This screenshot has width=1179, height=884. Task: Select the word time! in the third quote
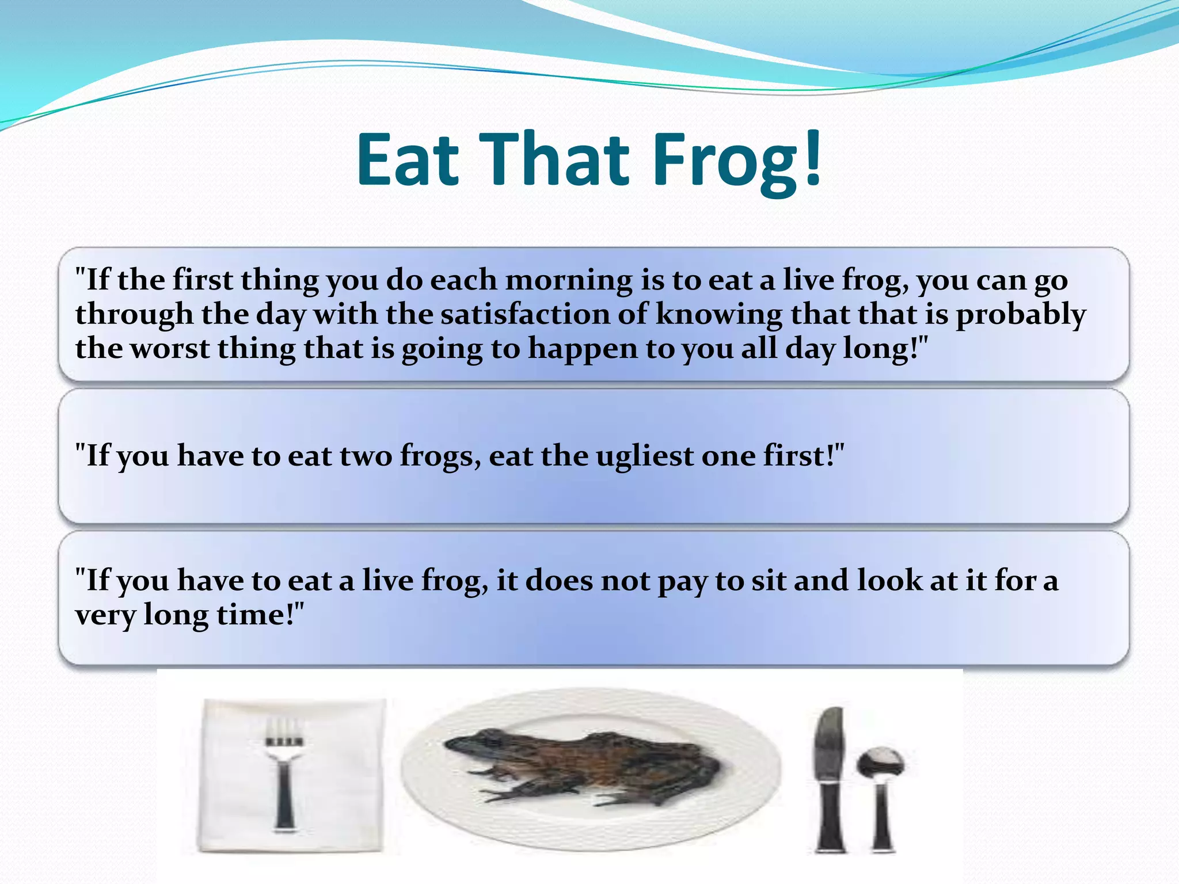pyautogui.click(x=259, y=615)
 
